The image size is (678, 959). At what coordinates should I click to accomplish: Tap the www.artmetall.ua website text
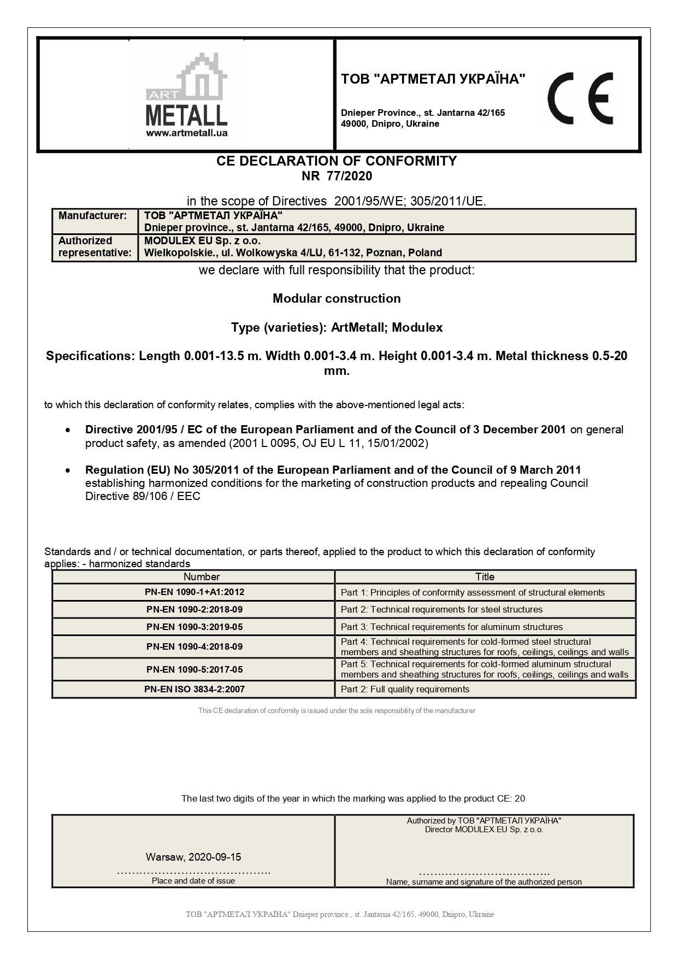[x=187, y=133]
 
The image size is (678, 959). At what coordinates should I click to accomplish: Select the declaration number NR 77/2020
[x=337, y=176]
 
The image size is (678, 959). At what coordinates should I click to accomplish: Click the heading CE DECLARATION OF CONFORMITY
[x=337, y=161]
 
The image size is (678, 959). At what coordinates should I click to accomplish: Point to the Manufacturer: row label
[x=92, y=216]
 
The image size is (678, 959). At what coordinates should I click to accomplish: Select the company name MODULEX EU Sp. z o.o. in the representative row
[x=202, y=241]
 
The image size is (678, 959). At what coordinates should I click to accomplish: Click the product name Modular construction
[x=337, y=298]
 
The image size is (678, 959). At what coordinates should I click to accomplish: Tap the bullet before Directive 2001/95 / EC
[x=67, y=431]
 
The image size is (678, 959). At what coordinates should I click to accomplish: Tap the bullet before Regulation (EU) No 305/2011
[x=67, y=470]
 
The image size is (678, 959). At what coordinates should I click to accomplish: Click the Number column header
[x=202, y=577]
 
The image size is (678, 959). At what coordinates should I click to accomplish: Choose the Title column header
[x=485, y=577]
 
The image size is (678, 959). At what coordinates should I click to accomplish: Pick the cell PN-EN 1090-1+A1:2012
[x=195, y=592]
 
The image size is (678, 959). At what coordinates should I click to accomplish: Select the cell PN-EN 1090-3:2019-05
[x=194, y=627]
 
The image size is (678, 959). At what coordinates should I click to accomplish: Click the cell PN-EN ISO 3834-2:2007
[x=194, y=690]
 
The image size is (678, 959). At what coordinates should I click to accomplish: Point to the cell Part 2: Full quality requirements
[x=405, y=690]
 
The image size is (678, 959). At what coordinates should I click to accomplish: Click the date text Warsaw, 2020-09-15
[x=193, y=857]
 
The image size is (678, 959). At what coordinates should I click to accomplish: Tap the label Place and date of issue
[x=193, y=881]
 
